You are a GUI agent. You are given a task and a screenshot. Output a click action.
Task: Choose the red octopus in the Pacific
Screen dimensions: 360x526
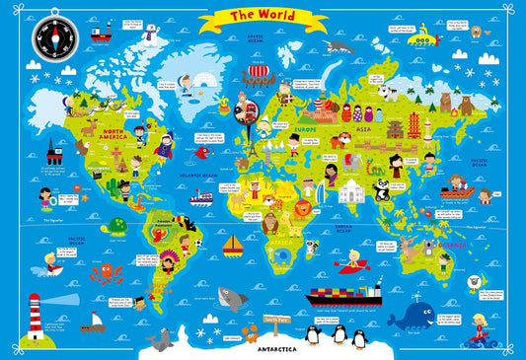click(102, 273)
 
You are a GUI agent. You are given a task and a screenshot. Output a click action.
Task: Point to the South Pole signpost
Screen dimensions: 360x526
click(275, 321)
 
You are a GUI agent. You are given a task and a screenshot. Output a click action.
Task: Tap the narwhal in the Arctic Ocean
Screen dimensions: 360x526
click(339, 46)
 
